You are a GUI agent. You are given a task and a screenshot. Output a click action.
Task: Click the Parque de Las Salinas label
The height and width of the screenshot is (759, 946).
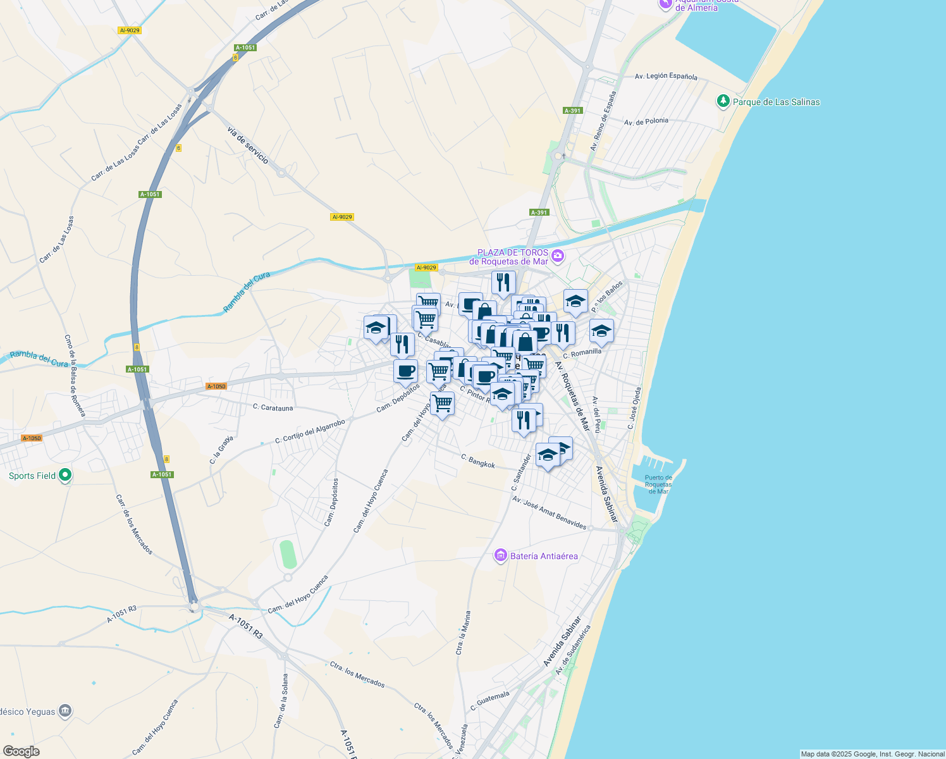pyautogui.click(x=776, y=102)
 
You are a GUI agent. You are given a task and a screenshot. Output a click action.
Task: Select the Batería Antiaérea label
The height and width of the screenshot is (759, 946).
pyautogui.click(x=544, y=556)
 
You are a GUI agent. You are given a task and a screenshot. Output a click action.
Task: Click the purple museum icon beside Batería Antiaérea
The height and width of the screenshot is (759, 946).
pyautogui.click(x=501, y=555)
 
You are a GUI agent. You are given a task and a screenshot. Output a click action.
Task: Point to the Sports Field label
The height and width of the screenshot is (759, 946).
pyautogui.click(x=32, y=476)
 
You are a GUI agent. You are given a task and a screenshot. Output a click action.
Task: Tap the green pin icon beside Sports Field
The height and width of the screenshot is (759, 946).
pyautogui.click(x=65, y=475)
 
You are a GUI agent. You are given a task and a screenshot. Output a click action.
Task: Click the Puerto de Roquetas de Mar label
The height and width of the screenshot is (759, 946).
pyautogui.click(x=658, y=484)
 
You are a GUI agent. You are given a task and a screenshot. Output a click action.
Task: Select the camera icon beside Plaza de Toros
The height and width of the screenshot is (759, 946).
pyautogui.click(x=557, y=256)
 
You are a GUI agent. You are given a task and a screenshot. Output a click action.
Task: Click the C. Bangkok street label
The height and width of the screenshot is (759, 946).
pyautogui.click(x=478, y=461)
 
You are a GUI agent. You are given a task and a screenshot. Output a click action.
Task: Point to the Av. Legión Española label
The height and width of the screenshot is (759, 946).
pyautogui.click(x=666, y=76)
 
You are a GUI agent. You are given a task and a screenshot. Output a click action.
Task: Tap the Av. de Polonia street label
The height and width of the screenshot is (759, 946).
pyautogui.click(x=646, y=121)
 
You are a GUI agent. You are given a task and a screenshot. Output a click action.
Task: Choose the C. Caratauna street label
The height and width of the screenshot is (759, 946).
pyautogui.click(x=273, y=408)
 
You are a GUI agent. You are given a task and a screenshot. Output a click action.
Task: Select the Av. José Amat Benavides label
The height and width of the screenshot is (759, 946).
pyautogui.click(x=549, y=512)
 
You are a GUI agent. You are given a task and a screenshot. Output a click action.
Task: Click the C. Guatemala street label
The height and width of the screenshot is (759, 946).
pyautogui.click(x=490, y=701)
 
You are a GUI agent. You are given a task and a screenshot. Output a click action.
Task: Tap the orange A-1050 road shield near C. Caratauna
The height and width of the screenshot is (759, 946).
pyautogui.click(x=216, y=386)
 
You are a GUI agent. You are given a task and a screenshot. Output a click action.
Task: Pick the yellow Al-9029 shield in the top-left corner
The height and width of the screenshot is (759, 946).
pyautogui.click(x=129, y=30)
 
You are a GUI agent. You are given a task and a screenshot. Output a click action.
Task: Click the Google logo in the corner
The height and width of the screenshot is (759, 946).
pyautogui.click(x=21, y=751)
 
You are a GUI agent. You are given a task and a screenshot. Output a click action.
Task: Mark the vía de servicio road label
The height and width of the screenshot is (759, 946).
pyautogui.click(x=247, y=145)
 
